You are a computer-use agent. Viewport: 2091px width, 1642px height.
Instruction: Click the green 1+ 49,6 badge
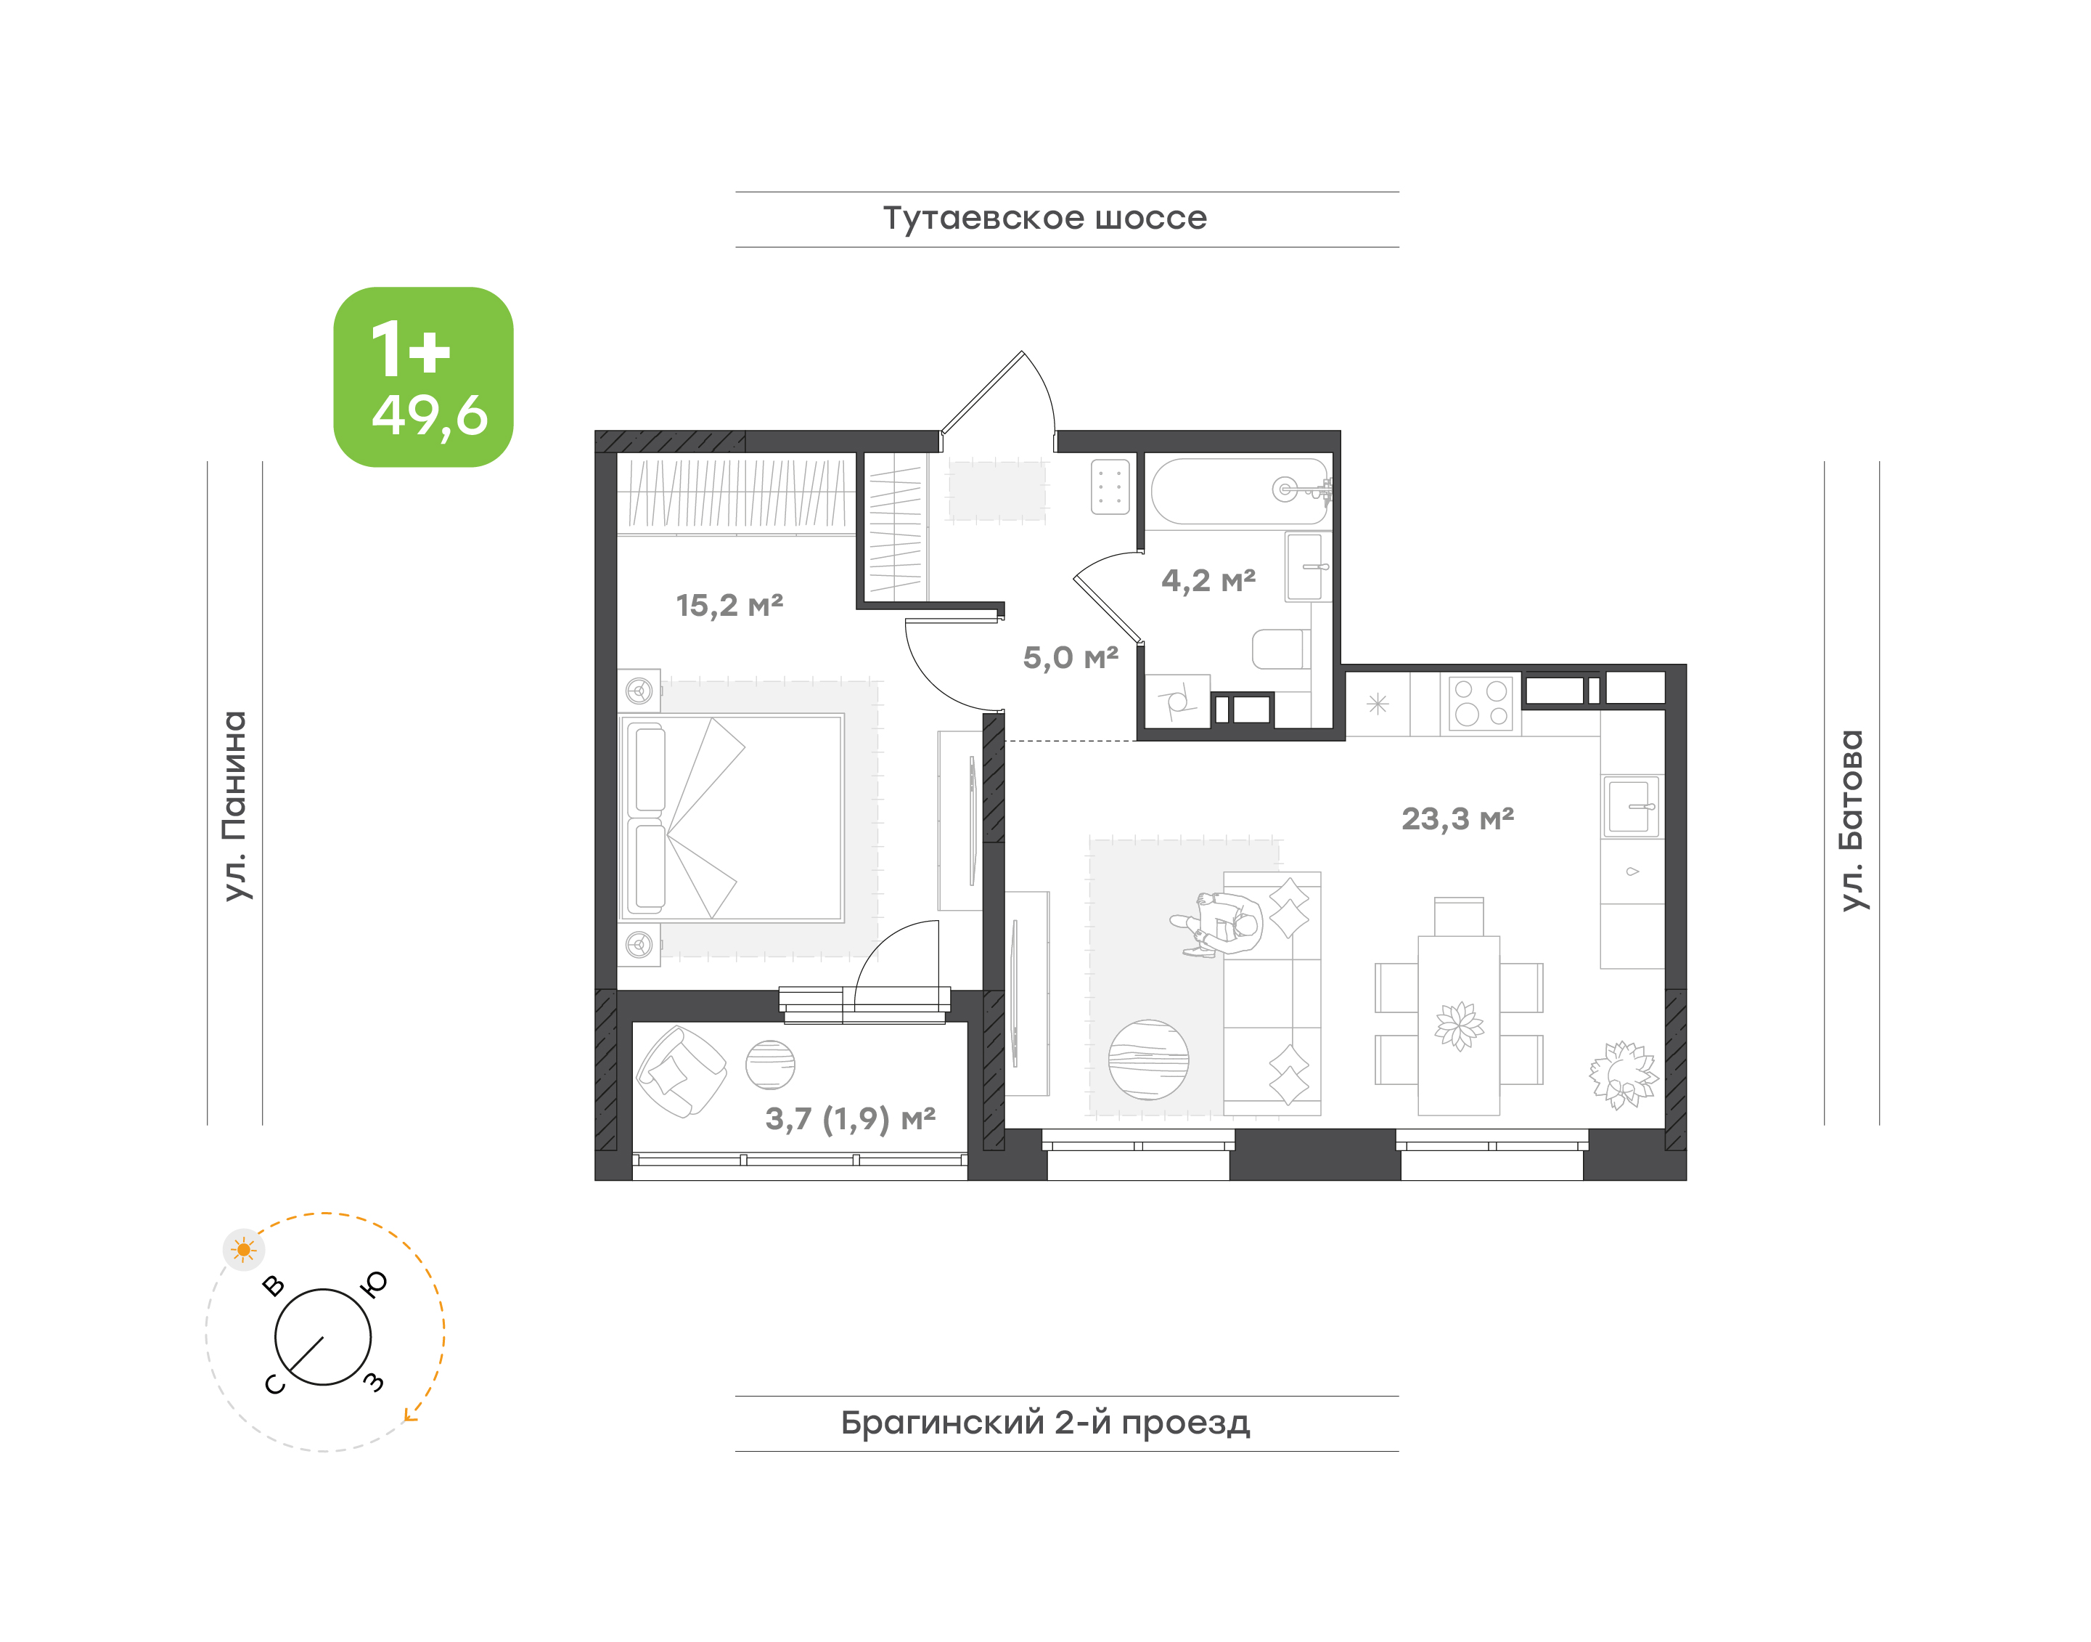tap(423, 377)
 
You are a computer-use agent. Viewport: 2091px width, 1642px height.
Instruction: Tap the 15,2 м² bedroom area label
tap(729, 605)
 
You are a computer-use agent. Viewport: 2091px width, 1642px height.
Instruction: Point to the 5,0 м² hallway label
tap(1071, 657)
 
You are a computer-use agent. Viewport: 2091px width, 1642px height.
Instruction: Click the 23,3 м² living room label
tap(1457, 818)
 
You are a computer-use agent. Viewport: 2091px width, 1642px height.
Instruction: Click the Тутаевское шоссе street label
tap(1044, 218)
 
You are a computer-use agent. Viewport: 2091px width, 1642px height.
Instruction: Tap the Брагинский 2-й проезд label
tap(1045, 1423)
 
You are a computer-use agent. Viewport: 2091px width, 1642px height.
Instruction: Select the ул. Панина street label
tap(234, 805)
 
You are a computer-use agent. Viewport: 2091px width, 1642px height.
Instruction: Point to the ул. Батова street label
tap(1851, 820)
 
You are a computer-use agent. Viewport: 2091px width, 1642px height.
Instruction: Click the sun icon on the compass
tap(244, 1250)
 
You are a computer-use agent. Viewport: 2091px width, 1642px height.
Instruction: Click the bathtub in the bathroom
tap(1240, 490)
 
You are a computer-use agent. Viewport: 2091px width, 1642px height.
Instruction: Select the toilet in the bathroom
tap(1281, 649)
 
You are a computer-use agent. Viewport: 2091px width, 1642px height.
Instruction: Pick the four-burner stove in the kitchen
tap(1481, 704)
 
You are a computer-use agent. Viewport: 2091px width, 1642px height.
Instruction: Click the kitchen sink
tap(1631, 805)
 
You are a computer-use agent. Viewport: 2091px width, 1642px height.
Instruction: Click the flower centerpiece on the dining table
tap(1459, 1025)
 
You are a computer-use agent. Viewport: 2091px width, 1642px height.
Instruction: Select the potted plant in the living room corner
tap(1623, 1074)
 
